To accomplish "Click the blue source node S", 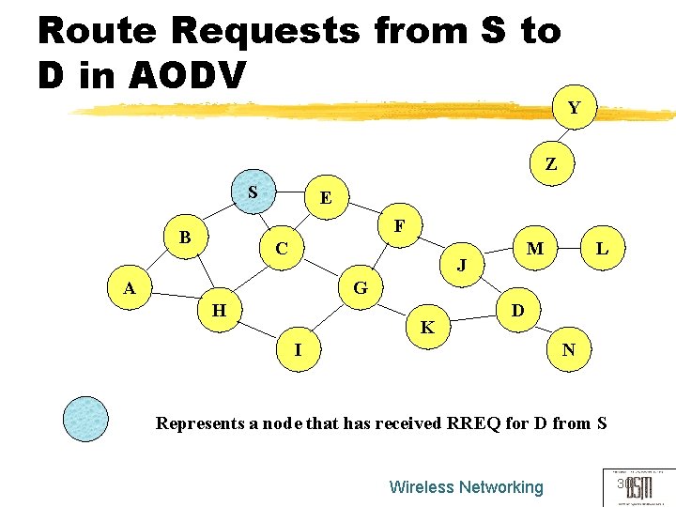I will tap(252, 192).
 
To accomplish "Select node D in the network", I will tap(516, 309).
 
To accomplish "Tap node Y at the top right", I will tap(574, 108).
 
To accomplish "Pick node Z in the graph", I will tap(551, 163).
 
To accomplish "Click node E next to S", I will tap(325, 198).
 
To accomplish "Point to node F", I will tap(399, 226).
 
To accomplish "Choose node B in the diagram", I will tap(185, 238).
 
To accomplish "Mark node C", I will tap(282, 249).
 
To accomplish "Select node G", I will tap(360, 287).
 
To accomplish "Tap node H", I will tap(219, 309).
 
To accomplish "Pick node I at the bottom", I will tap(298, 349).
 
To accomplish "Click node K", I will tap(427, 328).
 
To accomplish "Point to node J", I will tap(461, 266).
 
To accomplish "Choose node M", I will tap(535, 249).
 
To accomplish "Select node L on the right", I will tap(602, 249).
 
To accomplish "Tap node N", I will tap(568, 350).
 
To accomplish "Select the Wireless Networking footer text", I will tap(466, 486).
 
